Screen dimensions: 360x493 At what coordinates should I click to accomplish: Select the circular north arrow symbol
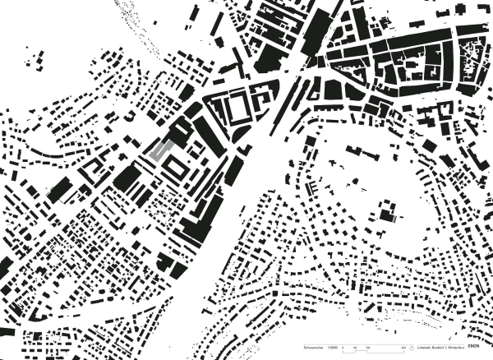[411, 348]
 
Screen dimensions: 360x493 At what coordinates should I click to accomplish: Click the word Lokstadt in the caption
[423, 348]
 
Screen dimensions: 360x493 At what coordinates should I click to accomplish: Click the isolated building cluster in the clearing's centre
[385, 216]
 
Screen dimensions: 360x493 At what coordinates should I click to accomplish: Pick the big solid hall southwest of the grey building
[127, 177]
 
